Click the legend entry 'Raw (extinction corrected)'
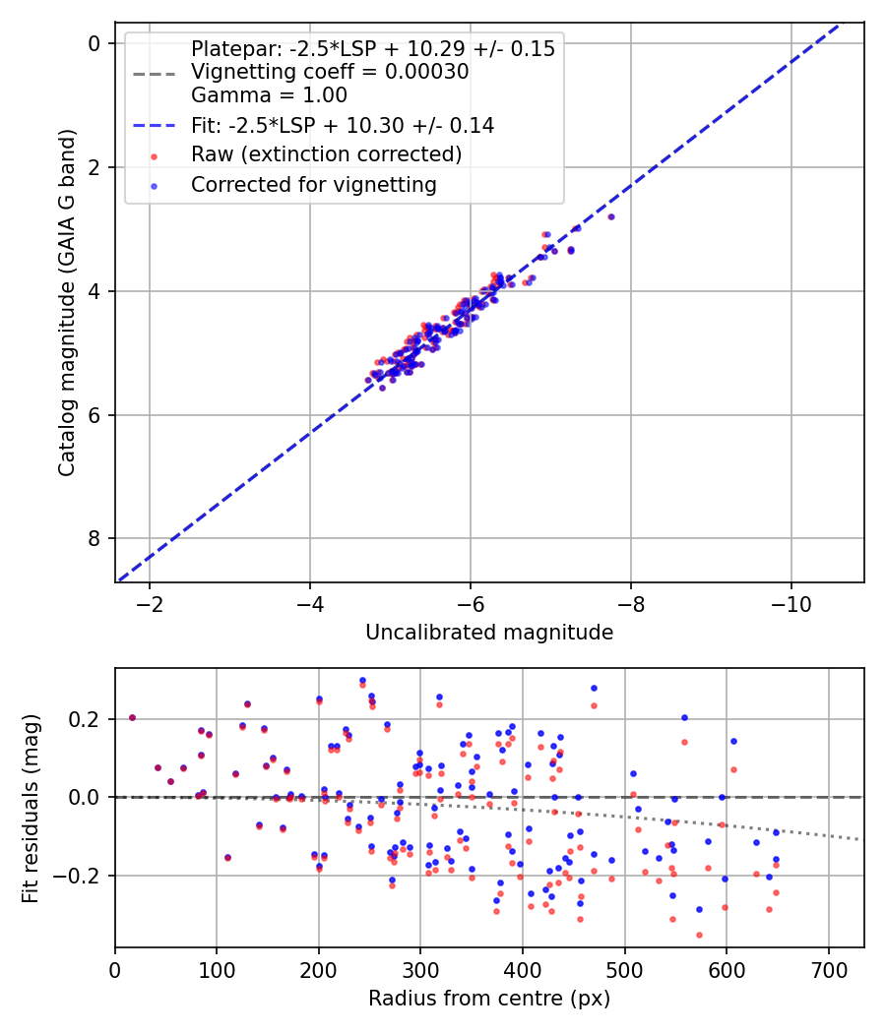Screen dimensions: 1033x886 [x=326, y=154]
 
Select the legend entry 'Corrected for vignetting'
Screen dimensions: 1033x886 [x=313, y=184]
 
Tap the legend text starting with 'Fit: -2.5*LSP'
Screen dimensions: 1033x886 [x=342, y=125]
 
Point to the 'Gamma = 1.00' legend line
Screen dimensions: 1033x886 [x=269, y=95]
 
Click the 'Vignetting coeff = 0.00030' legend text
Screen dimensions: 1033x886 [x=330, y=72]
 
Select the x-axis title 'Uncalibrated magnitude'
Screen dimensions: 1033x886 [x=489, y=633]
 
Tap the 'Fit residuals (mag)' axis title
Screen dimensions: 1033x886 [x=31, y=808]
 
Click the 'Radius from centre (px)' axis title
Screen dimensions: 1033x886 [x=489, y=999]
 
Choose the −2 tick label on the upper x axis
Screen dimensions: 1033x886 [x=151, y=602]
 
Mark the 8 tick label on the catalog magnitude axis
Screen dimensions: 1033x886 [x=95, y=538]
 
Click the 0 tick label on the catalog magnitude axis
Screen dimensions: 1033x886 [x=95, y=43]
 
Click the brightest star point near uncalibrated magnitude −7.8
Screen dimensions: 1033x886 [x=611, y=216]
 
